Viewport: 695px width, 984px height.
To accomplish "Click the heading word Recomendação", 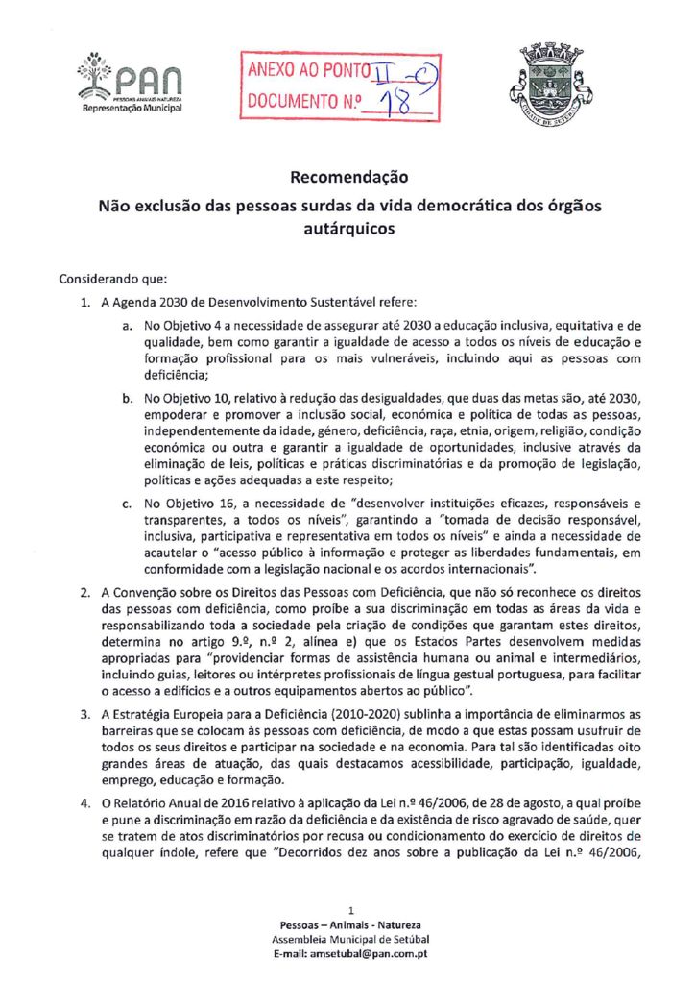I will pos(348,177).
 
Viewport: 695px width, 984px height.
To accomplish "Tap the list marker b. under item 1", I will pos(126,398).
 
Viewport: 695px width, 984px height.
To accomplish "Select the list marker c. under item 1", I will pos(126,504).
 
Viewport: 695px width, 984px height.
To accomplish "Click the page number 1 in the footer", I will pos(352,909).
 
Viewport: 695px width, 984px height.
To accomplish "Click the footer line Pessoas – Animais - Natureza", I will pos(349,923).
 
